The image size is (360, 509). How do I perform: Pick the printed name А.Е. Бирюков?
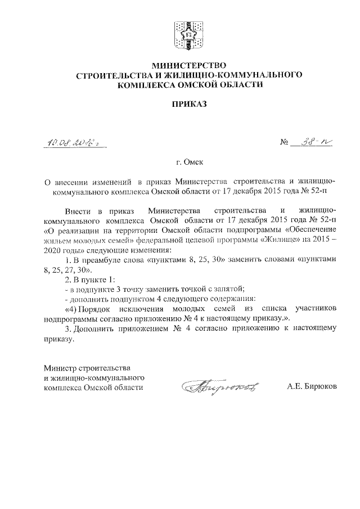coord(311,387)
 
